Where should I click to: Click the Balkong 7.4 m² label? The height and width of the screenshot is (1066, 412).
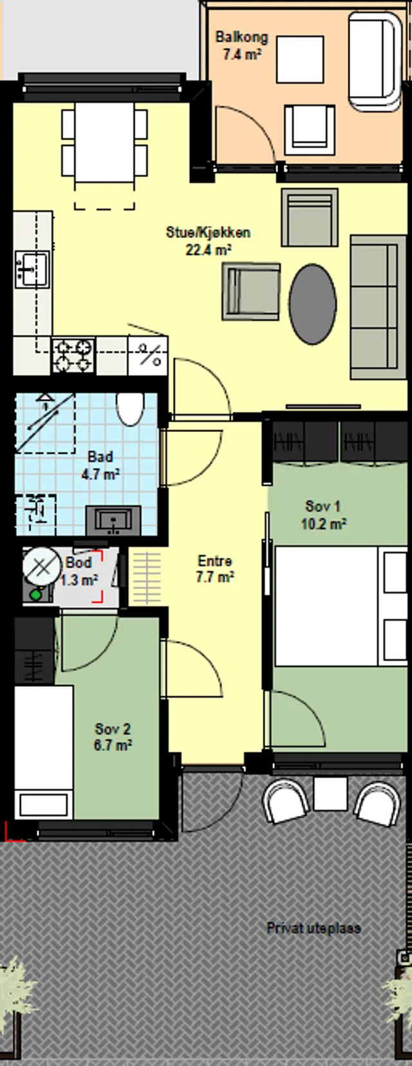pos(241,46)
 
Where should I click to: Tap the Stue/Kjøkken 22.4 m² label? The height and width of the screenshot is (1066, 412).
pos(209,241)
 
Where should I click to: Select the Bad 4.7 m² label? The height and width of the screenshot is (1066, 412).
pos(100,465)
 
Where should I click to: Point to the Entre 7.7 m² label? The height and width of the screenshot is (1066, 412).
pos(214,568)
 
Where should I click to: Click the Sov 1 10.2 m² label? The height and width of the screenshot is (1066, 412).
pos(323,515)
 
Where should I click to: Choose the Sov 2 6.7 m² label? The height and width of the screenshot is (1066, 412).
pos(113,736)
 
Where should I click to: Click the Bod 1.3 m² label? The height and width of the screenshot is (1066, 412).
pos(79,570)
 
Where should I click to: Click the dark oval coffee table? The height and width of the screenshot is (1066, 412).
pos(313,304)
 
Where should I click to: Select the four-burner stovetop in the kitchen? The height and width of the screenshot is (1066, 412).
pos(73,355)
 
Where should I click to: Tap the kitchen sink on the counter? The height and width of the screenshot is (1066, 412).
pos(32,269)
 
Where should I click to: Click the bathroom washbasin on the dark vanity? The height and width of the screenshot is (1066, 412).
pos(113,521)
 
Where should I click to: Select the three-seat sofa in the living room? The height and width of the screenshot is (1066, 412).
pos(375,307)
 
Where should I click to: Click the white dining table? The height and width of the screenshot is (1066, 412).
pos(105,142)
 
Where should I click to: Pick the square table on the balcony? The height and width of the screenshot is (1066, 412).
pos(300,60)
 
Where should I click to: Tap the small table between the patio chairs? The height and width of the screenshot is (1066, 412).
pos(330,794)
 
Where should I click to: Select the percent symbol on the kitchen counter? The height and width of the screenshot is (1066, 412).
pos(149,355)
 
